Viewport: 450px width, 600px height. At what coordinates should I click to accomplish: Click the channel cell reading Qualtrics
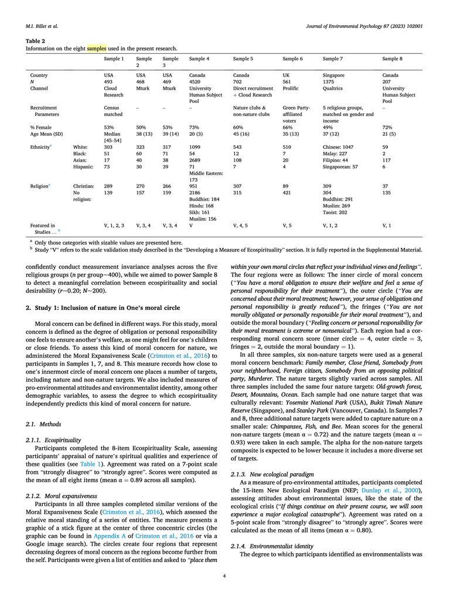334,88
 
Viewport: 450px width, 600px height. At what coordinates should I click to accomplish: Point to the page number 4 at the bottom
224,576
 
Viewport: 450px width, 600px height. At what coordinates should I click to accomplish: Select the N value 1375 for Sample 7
330,81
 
